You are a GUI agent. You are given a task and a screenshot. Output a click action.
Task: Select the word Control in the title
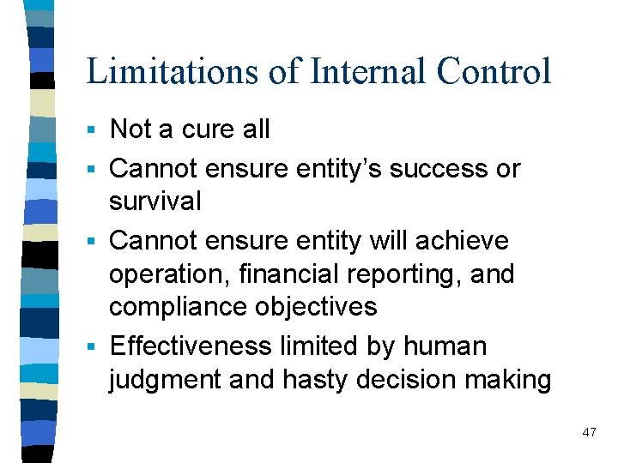pyautogui.click(x=493, y=71)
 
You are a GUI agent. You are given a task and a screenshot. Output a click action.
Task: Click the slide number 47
pyautogui.click(x=589, y=432)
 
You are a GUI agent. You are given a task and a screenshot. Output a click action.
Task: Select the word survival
pyautogui.click(x=155, y=202)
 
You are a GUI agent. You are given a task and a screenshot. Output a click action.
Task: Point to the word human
pyautogui.click(x=448, y=346)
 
